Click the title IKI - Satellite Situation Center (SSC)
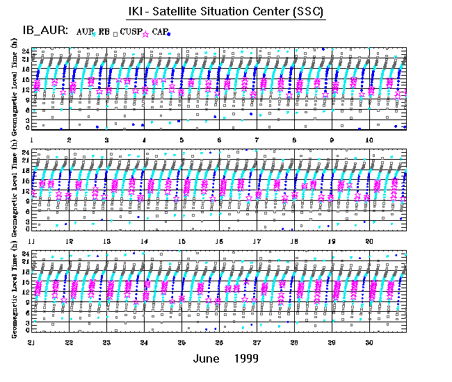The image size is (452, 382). click(225, 13)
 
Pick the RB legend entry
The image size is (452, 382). click(105, 31)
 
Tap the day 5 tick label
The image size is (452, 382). click(181, 140)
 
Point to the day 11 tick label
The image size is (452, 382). click(31, 240)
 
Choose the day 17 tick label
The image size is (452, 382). click(257, 240)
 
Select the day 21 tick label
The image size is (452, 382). click(31, 342)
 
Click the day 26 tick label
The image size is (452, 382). click(219, 342)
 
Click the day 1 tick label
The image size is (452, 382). click(31, 140)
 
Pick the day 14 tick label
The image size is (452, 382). click(144, 240)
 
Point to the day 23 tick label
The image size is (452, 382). click(106, 342)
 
